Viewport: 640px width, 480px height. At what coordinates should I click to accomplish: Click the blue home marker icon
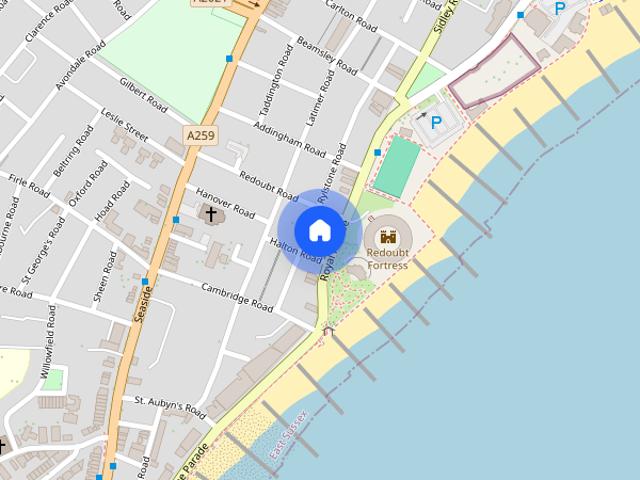[x=319, y=230]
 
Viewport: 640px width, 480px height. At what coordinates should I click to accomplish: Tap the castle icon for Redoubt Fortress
[x=387, y=237]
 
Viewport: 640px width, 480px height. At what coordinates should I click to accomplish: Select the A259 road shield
[x=200, y=133]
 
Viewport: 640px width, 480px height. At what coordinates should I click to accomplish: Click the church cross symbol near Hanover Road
[x=211, y=213]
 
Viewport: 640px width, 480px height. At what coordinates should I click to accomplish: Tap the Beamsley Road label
[x=327, y=57]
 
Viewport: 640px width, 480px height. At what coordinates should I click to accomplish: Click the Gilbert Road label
[x=143, y=92]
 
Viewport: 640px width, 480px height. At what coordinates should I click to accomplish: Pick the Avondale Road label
[x=80, y=67]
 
